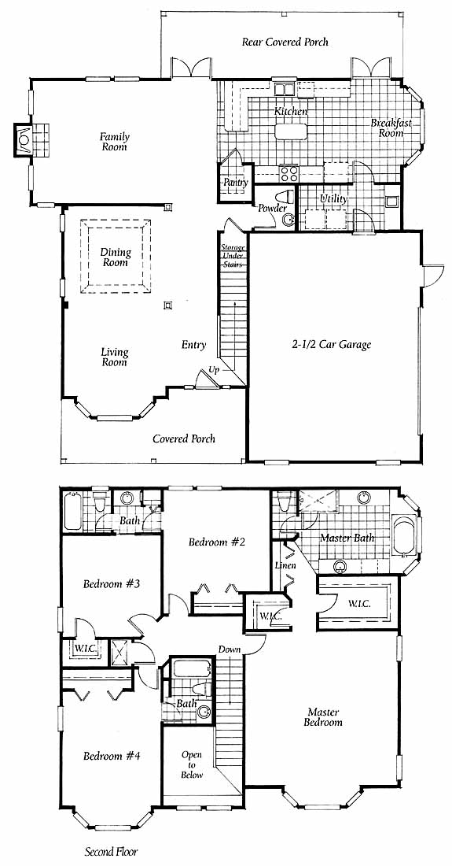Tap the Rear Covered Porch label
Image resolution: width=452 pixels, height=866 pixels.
pos(285,42)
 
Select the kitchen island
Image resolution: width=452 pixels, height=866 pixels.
pos(291,131)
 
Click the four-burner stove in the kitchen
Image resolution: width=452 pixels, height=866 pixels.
pos(288,174)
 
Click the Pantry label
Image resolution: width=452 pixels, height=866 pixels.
pos(235,183)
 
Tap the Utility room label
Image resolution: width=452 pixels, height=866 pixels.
pos(334,198)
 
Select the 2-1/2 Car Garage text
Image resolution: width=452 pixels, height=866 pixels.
pos(331,345)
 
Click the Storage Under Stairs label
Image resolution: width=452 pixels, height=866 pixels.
pos(233,256)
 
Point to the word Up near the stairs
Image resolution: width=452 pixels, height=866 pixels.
pos(214,369)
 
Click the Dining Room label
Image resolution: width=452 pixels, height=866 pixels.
pos(116,257)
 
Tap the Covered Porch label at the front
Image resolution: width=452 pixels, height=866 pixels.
pos(184,439)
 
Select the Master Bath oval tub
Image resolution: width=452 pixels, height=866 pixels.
pos(405,535)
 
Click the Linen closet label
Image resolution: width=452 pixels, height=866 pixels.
pos(285,565)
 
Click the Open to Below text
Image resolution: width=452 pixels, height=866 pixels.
pos(192,764)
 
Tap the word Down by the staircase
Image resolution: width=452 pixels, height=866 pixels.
pos(230,649)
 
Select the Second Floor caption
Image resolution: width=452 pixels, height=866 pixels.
pos(111,851)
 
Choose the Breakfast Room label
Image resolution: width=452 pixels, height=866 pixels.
pos(391,128)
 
